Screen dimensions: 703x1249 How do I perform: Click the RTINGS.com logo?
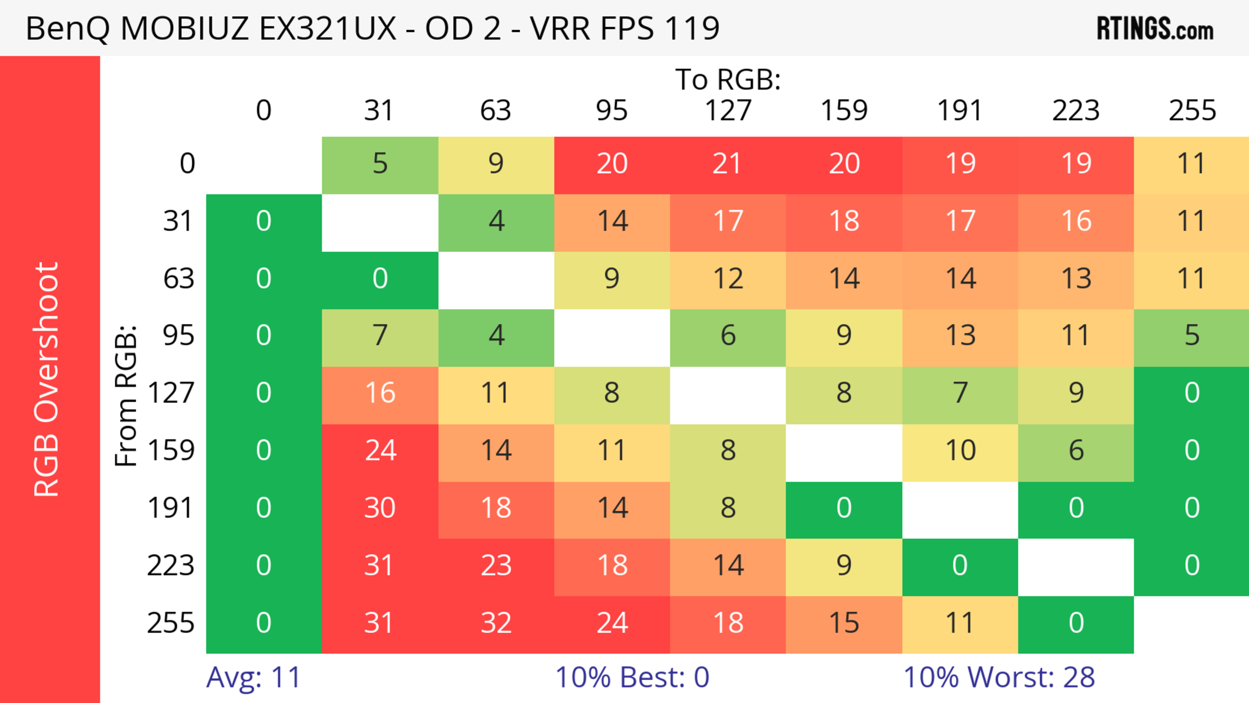click(x=1155, y=28)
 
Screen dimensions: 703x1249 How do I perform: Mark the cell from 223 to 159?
click(x=844, y=566)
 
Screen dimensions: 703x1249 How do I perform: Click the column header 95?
click(x=612, y=111)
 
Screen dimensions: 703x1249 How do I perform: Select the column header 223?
click(x=1076, y=111)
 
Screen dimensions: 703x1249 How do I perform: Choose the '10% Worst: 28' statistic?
click(x=999, y=677)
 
